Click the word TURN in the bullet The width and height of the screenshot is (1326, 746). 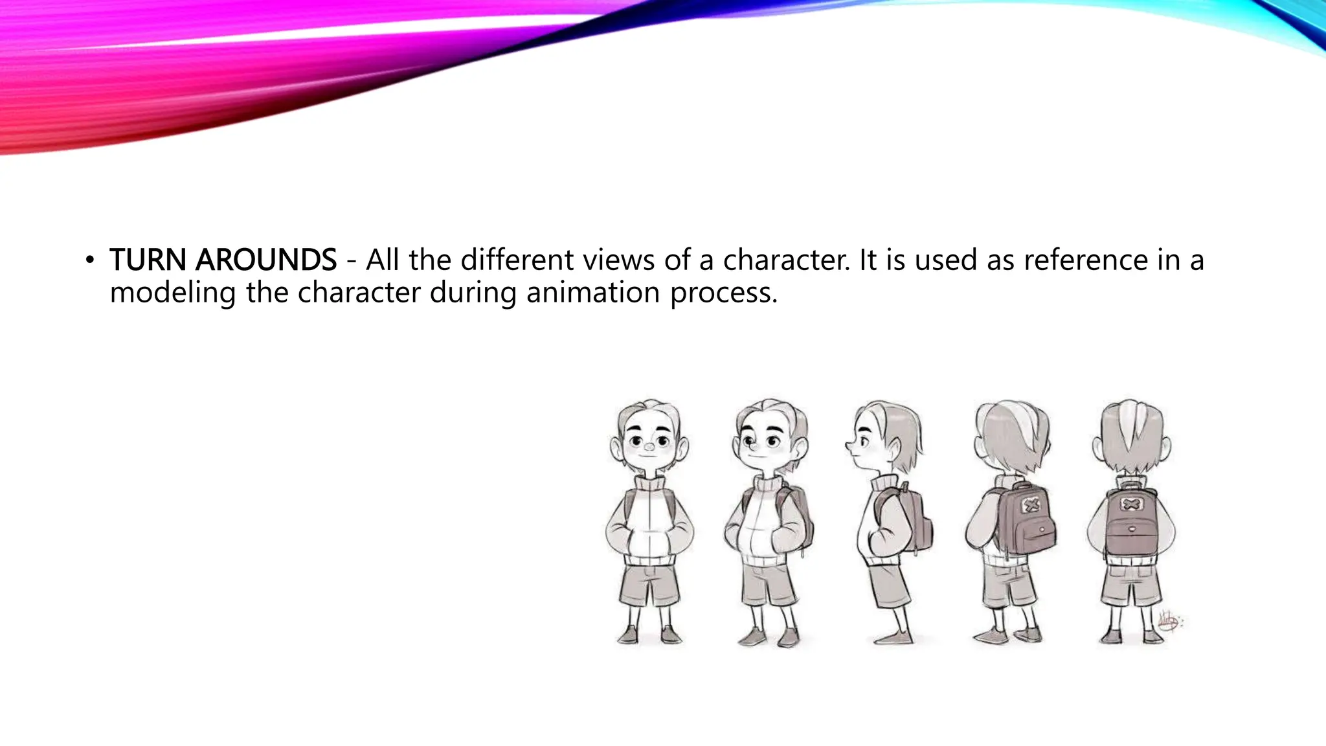click(x=150, y=260)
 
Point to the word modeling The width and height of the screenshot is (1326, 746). click(x=172, y=293)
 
